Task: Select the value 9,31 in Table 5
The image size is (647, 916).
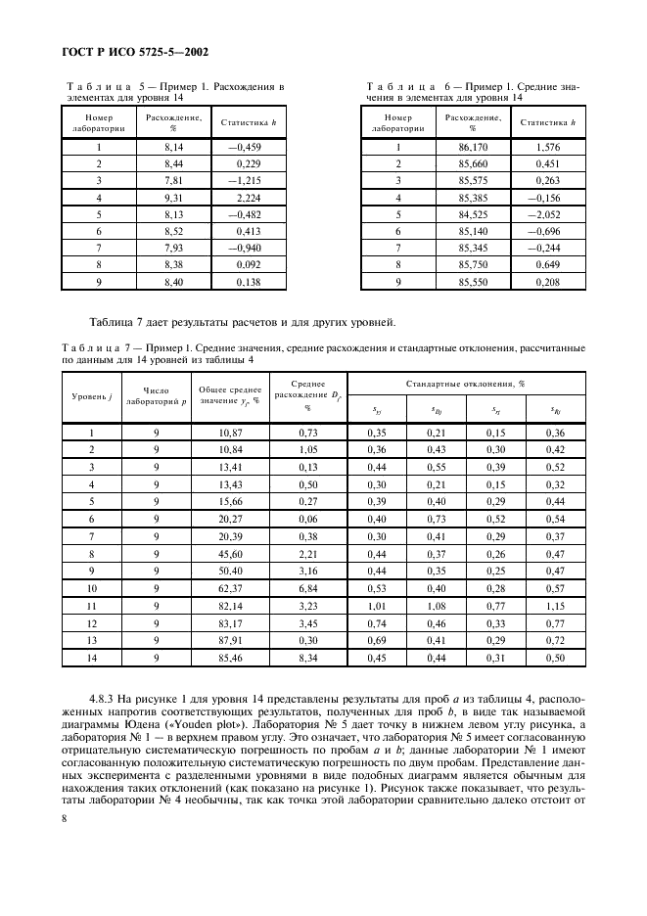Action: (x=174, y=197)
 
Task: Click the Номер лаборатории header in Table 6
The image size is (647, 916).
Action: (x=398, y=122)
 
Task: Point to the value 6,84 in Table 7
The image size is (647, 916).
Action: (x=307, y=588)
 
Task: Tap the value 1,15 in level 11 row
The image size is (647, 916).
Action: (x=555, y=606)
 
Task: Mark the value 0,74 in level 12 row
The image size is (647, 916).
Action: (x=377, y=622)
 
